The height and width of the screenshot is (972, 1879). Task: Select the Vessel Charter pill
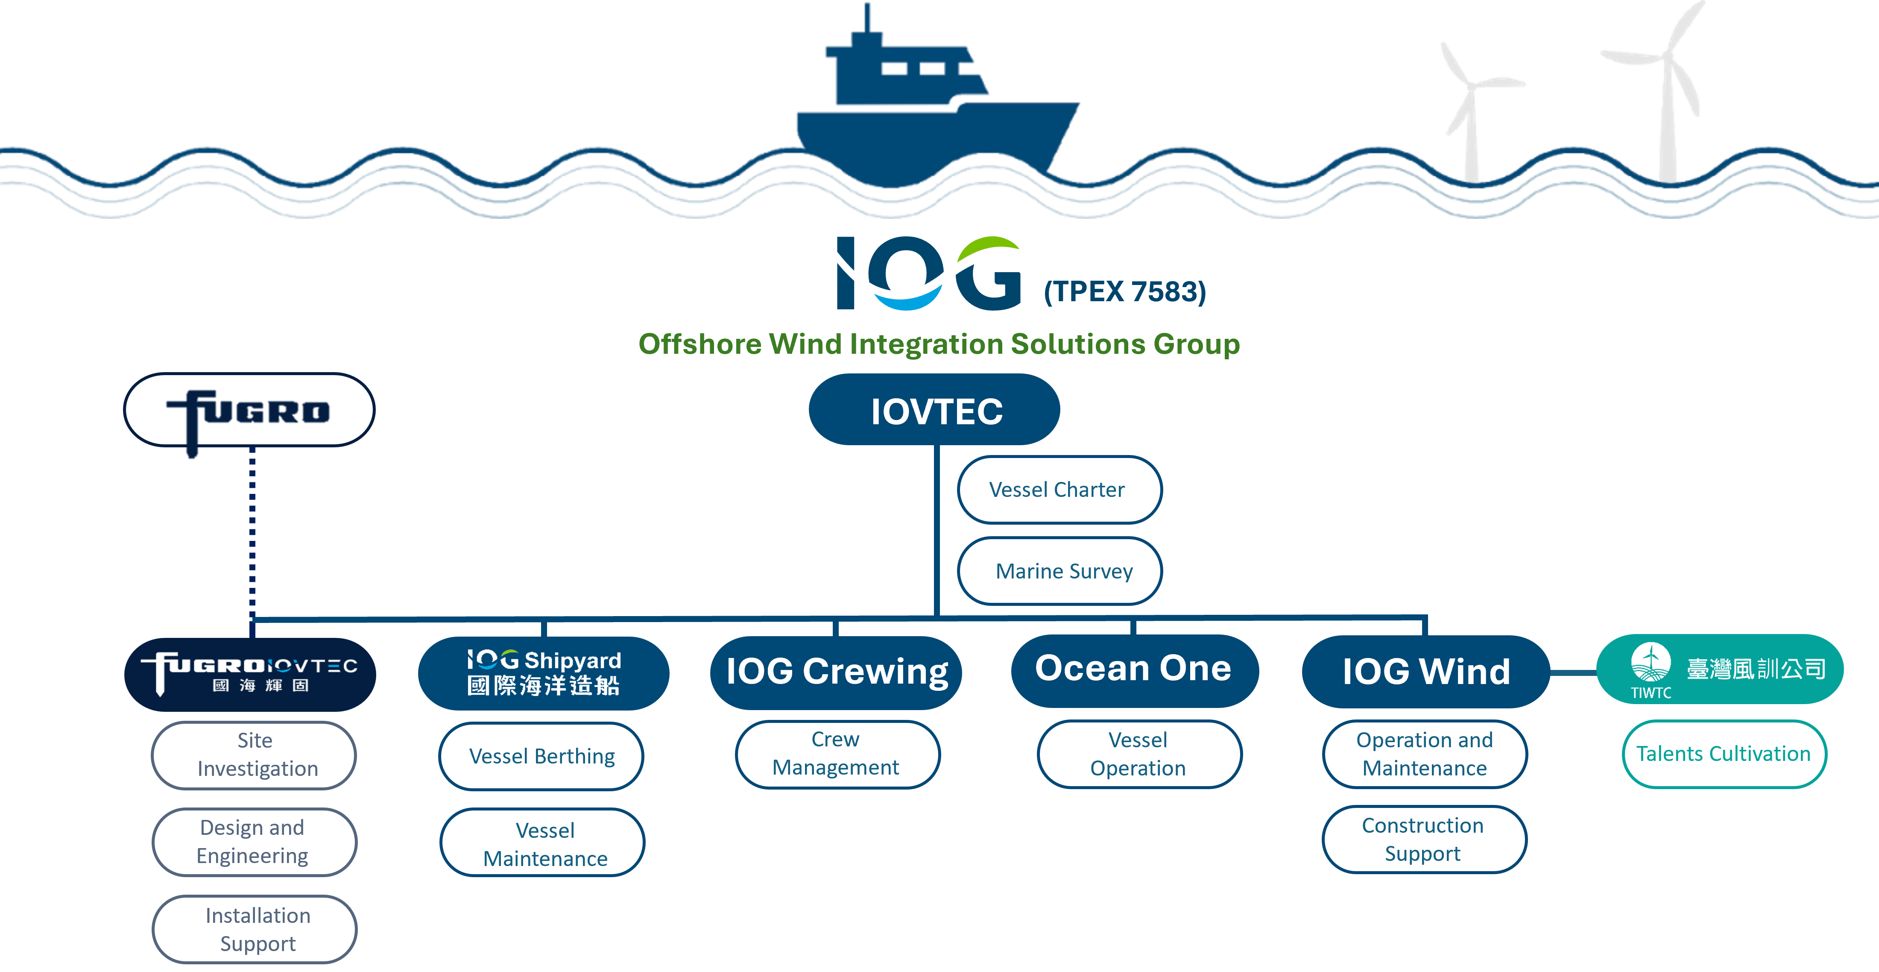tap(1058, 490)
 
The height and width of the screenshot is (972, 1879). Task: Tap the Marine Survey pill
tap(1060, 571)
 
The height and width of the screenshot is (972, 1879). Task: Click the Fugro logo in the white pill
tap(249, 411)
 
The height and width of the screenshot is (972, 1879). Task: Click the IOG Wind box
tap(1425, 671)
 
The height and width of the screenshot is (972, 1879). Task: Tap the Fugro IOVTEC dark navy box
tap(250, 673)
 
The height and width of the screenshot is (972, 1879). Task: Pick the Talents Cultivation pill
tap(1724, 754)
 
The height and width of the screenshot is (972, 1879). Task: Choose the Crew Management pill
tap(837, 754)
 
